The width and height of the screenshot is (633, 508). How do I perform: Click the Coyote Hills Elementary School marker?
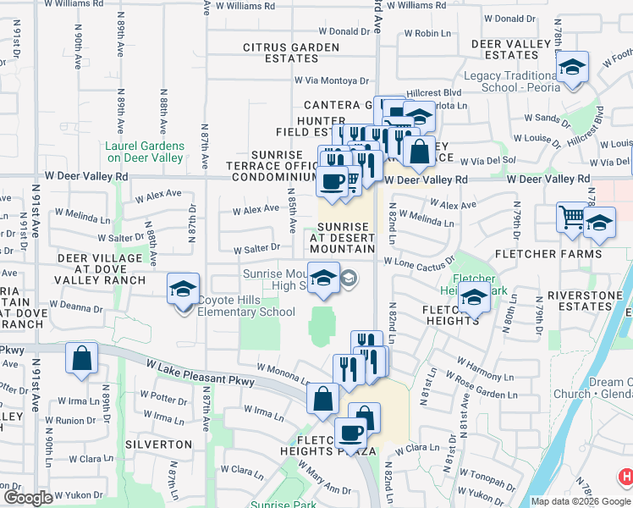[x=184, y=290]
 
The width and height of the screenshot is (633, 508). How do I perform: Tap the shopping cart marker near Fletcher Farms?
[x=572, y=218]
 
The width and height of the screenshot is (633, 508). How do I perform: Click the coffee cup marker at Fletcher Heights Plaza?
[x=351, y=434]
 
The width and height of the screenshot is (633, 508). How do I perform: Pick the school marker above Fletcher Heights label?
[x=475, y=299]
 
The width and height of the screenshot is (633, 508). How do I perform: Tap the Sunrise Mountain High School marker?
[x=322, y=279]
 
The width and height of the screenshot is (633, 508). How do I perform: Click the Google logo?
[x=28, y=498]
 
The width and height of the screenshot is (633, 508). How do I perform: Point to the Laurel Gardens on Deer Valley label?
[x=143, y=152]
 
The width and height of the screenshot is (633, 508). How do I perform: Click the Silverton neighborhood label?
[x=158, y=444]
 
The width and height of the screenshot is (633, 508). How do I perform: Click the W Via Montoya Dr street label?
[x=332, y=80]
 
